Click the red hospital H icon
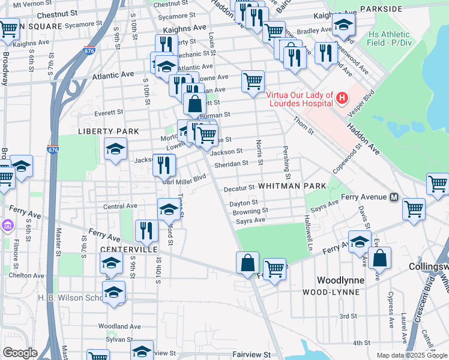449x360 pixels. (342, 97)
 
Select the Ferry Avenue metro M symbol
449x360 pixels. (394, 197)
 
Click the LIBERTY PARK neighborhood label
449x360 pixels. (109, 131)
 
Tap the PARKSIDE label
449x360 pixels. (381, 9)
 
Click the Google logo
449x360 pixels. (20, 353)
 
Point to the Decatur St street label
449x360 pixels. (240, 188)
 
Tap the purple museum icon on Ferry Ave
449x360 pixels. (7, 226)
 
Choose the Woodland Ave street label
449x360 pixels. (119, 326)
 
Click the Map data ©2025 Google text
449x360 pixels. (411, 355)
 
